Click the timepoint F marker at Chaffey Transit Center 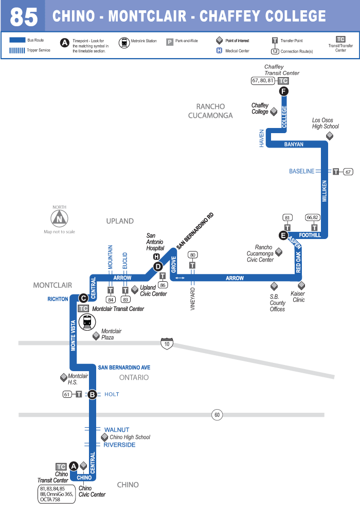point(283,91)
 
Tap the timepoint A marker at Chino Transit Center point(74,466)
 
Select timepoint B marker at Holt point(92,394)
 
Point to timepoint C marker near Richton point(83,298)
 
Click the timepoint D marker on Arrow point(158,266)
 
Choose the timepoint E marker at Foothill point(283,236)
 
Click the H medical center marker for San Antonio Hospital point(156,256)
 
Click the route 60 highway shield point(217,415)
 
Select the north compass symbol point(60,218)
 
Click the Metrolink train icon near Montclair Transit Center point(87,322)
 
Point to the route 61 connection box point(67,394)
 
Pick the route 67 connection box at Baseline point(348,172)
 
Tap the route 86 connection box point(163,284)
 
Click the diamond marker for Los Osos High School point(330,136)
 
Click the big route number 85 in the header point(24,17)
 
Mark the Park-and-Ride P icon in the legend point(169,42)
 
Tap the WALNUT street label point(117,430)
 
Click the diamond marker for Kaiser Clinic point(301,285)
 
